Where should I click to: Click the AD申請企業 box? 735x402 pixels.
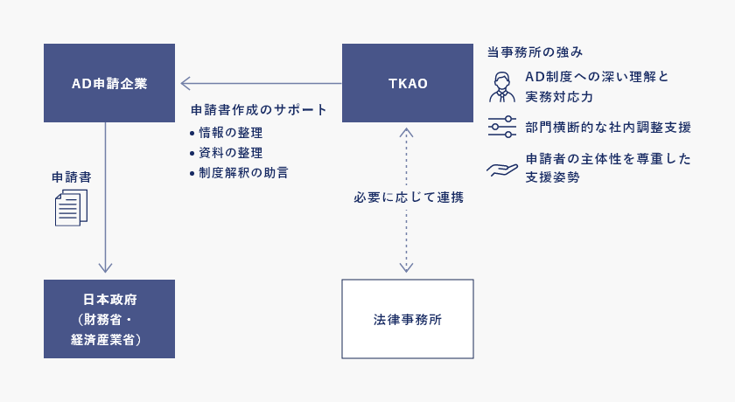109,83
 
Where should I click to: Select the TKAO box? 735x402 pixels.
407,83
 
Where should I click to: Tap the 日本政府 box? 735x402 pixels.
109,319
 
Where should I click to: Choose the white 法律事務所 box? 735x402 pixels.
407,319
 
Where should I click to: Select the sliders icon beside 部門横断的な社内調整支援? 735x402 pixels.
502,127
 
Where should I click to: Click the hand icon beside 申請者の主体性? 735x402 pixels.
502,168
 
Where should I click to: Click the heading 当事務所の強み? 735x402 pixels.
535,53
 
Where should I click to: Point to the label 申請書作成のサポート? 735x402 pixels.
259,110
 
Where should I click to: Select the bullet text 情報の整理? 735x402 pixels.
231,133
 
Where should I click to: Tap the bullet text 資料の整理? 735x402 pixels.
231,153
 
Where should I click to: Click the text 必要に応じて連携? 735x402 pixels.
408,198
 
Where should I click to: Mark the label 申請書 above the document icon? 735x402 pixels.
71,177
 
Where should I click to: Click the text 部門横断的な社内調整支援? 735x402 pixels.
608,128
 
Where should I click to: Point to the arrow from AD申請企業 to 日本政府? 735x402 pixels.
105,197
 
